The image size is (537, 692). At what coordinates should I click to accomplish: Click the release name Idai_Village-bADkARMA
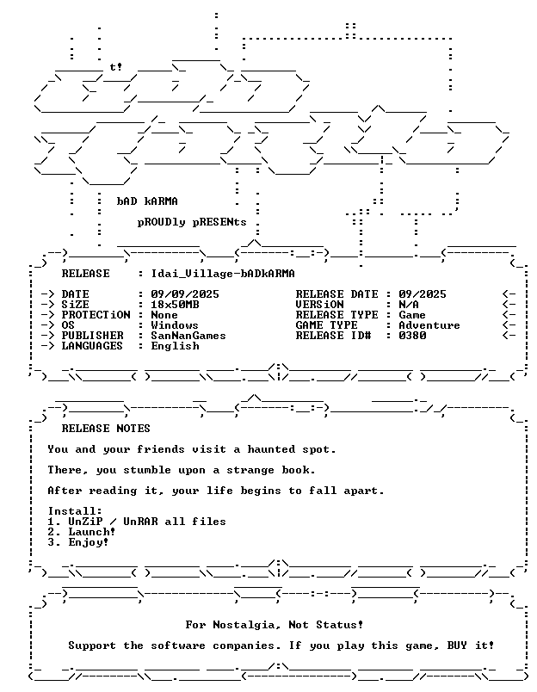coord(223,274)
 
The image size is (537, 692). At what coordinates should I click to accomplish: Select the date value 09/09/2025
coord(185,293)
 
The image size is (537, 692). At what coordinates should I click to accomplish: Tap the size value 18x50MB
coord(175,305)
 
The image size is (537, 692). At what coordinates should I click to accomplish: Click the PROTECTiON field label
coord(96,315)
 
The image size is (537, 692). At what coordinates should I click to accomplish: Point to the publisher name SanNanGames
coord(188,336)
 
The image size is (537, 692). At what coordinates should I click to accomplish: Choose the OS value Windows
coord(175,325)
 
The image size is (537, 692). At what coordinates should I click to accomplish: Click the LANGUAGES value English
coord(175,346)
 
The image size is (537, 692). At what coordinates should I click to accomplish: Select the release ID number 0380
coord(412,336)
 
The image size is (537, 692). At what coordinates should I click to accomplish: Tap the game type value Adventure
coord(429,325)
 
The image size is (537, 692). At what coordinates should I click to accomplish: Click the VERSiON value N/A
coord(409,305)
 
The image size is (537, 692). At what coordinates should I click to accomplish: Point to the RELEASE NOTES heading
coord(106,429)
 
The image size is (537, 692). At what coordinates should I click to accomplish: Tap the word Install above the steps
coord(72,511)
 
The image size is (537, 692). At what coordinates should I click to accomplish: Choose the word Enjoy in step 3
coord(85,542)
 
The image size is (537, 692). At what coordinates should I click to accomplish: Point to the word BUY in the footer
coord(457,646)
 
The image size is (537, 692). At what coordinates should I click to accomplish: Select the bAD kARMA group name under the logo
coord(147,201)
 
